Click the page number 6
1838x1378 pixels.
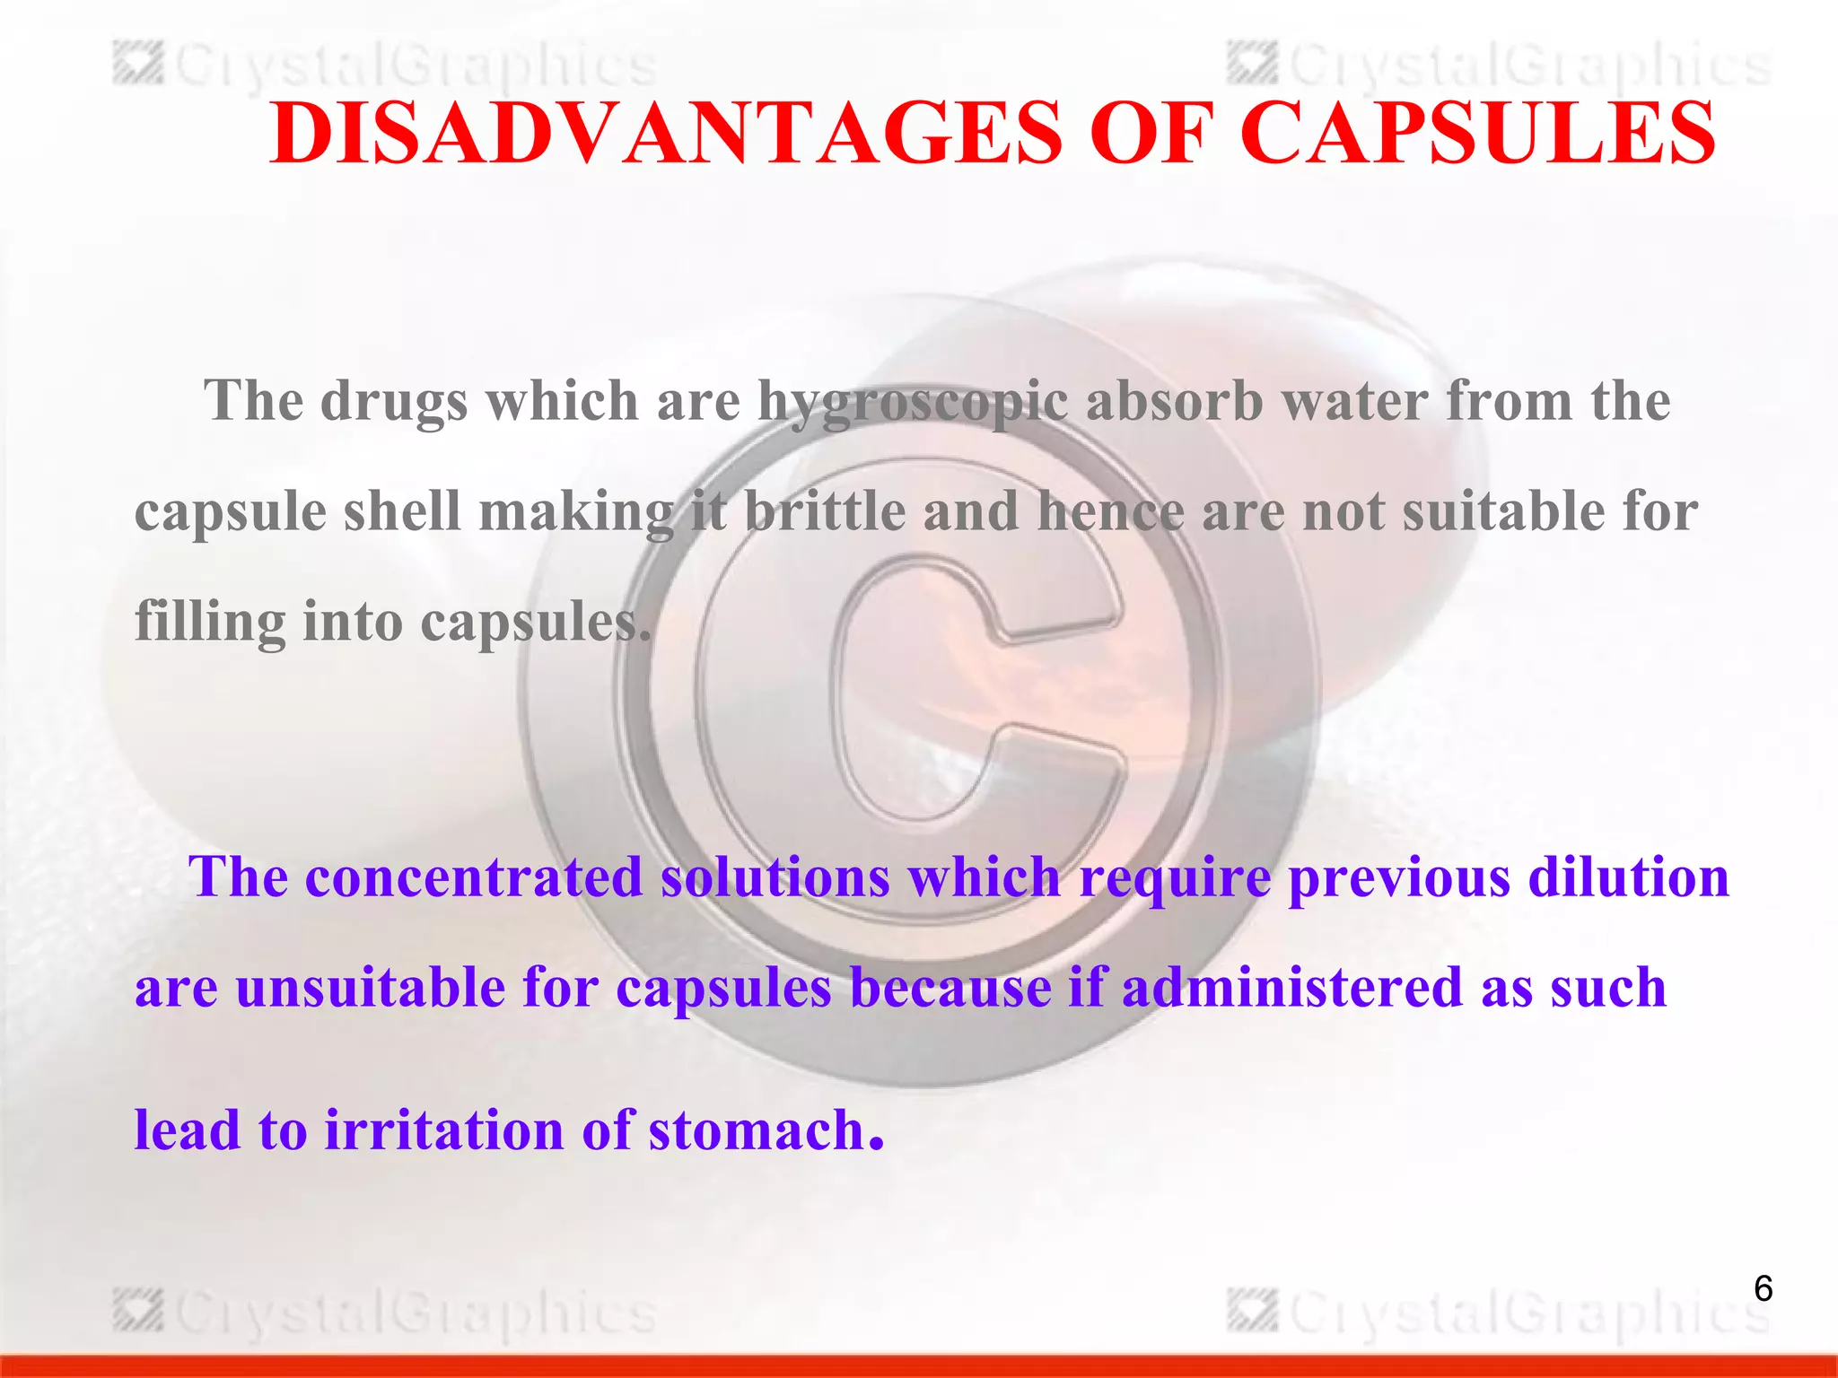pos(1763,1289)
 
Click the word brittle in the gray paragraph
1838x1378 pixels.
pos(825,511)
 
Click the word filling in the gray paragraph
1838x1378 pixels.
pos(210,623)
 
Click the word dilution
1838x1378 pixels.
pos(1628,877)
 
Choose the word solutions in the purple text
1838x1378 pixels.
pos(775,877)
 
